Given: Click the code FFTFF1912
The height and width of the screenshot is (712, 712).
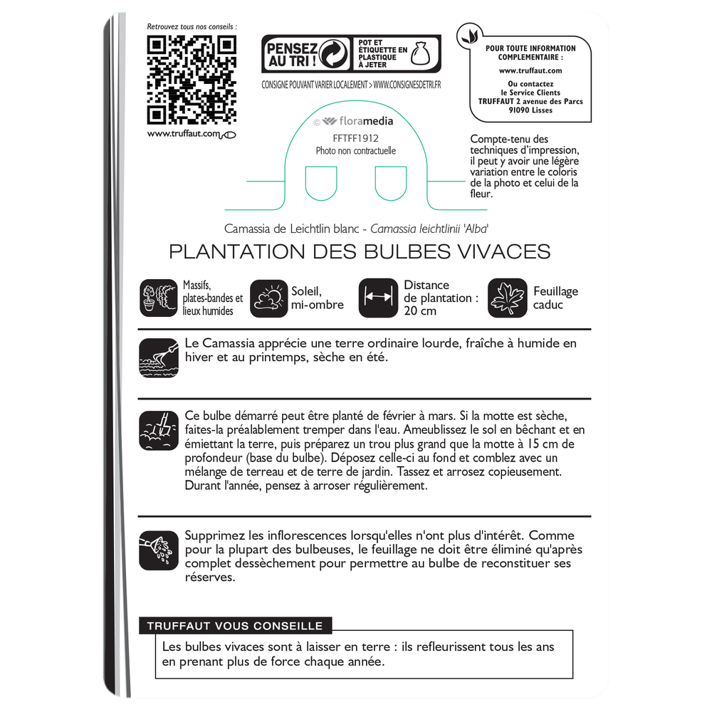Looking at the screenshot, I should (355, 138).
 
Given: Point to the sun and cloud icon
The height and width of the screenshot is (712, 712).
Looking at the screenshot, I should (268, 298).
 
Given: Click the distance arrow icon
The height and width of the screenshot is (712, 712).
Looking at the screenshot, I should (378, 298).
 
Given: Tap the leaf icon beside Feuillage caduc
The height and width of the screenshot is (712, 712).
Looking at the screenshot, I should (508, 298).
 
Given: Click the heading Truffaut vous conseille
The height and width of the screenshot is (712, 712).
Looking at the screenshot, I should (235, 627).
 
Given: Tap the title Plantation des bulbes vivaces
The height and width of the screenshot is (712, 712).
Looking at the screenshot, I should (360, 252).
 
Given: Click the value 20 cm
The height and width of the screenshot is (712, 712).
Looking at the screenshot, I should (419, 311).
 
